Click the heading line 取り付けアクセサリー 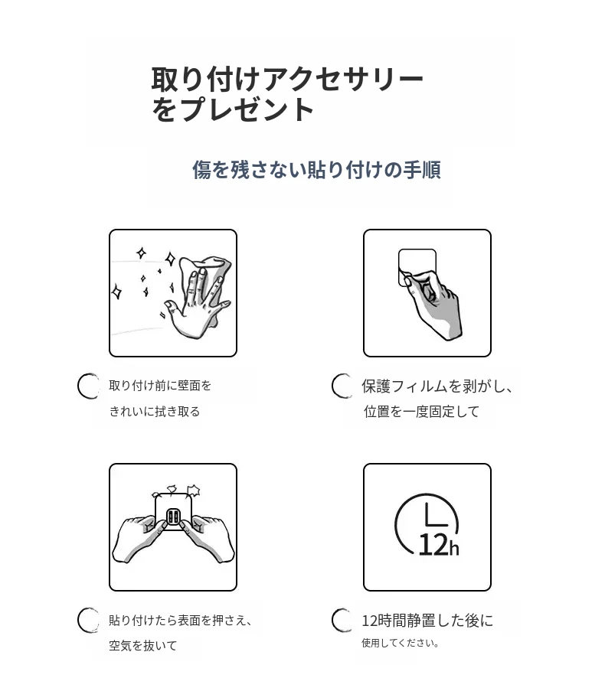point(287,80)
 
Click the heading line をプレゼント point(233,109)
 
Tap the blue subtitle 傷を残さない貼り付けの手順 point(317,170)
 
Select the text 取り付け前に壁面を point(160,385)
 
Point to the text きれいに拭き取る point(155,411)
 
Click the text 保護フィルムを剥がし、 point(437,386)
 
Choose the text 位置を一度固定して point(421,411)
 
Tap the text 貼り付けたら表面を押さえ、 point(181,621)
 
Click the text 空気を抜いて point(143,646)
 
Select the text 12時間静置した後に point(427,621)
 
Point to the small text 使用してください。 point(401,643)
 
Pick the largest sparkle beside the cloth point(171,259)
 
